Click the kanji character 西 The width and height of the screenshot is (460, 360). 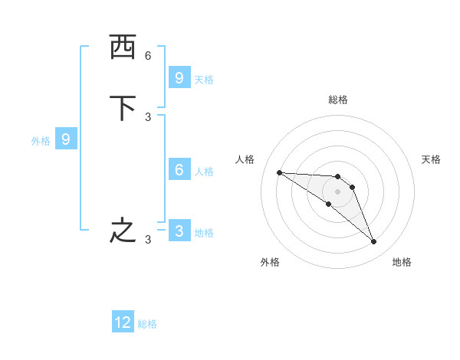(122, 47)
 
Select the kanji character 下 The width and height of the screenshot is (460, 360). (122, 108)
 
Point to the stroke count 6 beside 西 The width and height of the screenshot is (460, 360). (148, 56)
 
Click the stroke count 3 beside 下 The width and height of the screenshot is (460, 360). (148, 116)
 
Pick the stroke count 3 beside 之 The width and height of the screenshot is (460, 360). (148, 240)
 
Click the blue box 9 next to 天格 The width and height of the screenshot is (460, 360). (179, 78)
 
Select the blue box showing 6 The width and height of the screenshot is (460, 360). (179, 170)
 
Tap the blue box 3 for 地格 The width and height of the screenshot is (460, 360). (179, 231)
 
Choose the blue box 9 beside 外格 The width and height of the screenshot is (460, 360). (66, 139)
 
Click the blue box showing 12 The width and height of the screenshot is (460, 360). (123, 322)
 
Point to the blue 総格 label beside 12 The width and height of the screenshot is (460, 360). (147, 324)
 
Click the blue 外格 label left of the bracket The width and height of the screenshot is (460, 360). (41, 141)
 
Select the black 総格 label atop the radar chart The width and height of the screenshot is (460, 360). (337, 100)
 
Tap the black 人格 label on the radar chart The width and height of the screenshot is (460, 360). (245, 159)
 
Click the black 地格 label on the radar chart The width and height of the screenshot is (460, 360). (402, 262)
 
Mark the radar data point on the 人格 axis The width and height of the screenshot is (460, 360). (279, 172)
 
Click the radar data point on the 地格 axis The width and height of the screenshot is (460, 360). (373, 242)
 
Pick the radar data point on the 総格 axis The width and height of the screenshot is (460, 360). (337, 176)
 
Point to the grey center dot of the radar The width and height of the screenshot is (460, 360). (337, 191)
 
